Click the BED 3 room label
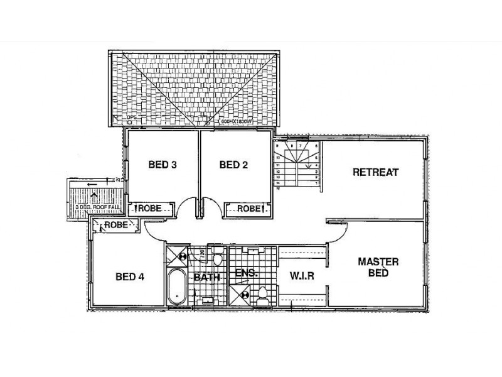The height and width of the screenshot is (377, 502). [x=163, y=165]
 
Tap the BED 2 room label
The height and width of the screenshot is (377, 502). [x=234, y=165]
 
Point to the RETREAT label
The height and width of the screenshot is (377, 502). [x=375, y=172]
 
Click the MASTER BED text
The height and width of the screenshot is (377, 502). [x=379, y=267]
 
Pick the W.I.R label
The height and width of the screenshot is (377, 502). [x=301, y=276]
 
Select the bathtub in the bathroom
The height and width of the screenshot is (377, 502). [x=176, y=290]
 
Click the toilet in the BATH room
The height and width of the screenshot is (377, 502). [x=218, y=258]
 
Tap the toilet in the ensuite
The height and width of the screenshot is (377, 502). [x=262, y=293]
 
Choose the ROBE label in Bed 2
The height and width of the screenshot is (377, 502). [x=248, y=208]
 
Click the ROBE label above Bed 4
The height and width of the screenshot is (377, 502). [x=117, y=224]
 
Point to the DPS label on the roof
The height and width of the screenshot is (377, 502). [x=131, y=117]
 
